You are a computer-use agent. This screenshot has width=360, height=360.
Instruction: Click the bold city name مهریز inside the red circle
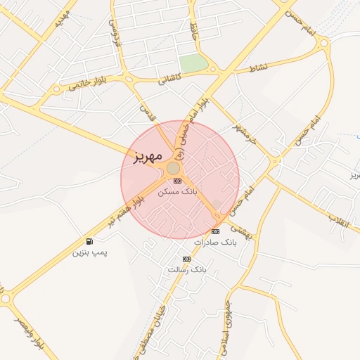146,154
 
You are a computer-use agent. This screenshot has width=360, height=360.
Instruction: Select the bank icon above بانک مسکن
176,181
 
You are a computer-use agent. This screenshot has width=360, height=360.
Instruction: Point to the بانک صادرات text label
216,242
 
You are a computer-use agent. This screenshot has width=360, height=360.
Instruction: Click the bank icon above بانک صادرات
215,231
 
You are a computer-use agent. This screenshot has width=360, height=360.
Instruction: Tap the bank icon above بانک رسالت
186,259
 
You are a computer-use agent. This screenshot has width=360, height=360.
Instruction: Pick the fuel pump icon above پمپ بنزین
89,241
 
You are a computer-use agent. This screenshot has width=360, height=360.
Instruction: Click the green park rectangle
193,63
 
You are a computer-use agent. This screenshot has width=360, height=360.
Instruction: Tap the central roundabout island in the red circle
173,167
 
